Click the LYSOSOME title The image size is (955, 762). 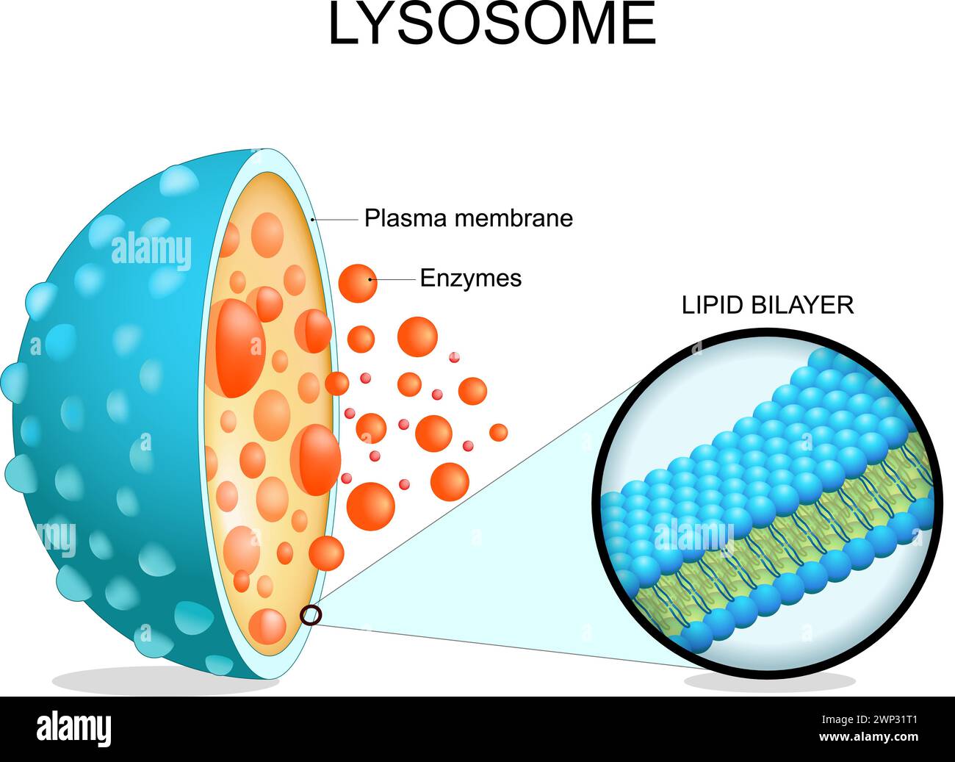coord(491,24)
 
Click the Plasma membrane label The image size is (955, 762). coord(468,218)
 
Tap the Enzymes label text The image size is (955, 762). coord(470,278)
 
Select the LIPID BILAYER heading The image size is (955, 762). coord(767,305)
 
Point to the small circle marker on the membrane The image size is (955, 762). coord(311,614)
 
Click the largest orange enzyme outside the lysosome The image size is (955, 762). coord(370,503)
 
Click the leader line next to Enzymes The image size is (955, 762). coord(397,279)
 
